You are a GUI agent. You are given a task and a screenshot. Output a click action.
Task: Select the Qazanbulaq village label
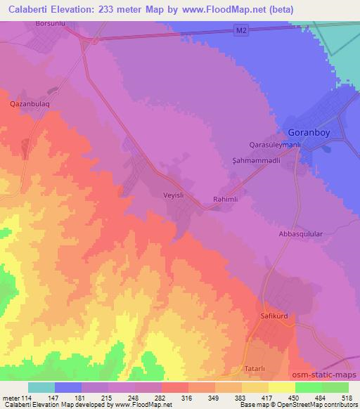point(29,103)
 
